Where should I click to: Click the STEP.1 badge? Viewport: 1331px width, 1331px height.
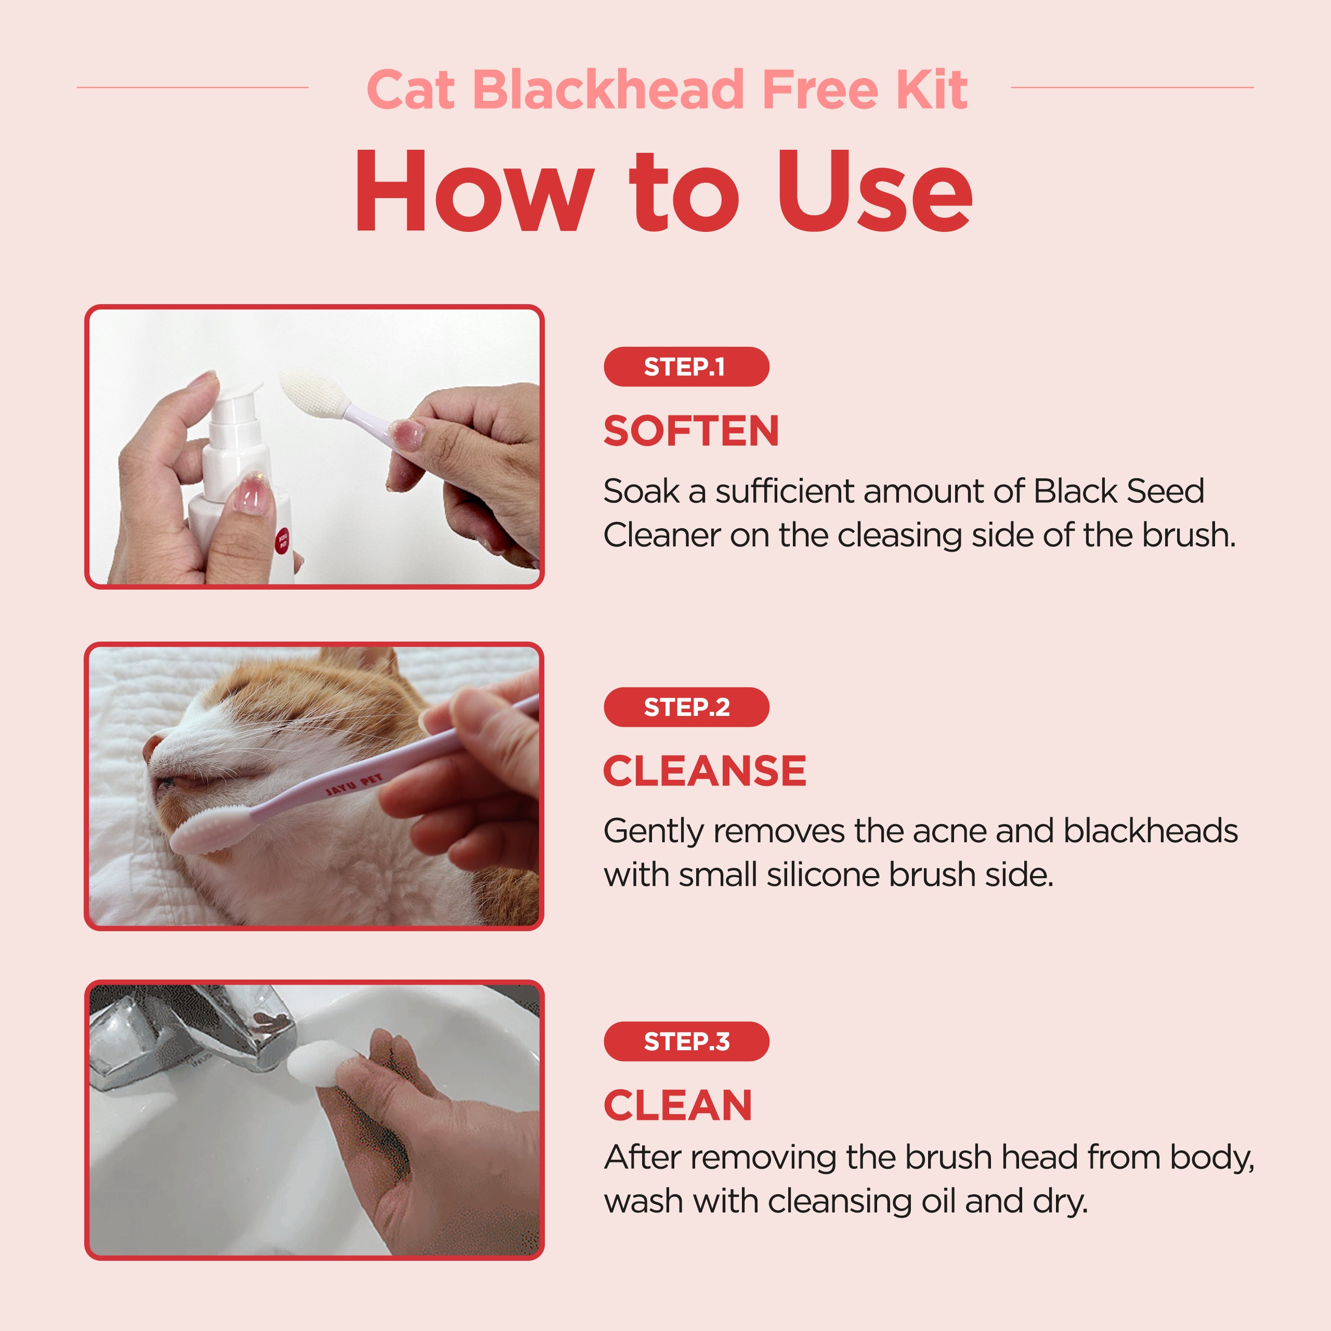686,367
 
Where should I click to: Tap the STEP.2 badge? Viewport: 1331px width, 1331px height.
686,707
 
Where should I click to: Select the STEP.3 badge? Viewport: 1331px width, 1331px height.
686,1041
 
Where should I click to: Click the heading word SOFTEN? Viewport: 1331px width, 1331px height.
691,430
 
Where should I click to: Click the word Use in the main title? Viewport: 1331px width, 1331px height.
875,191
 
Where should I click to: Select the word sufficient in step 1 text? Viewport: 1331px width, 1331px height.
785,492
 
